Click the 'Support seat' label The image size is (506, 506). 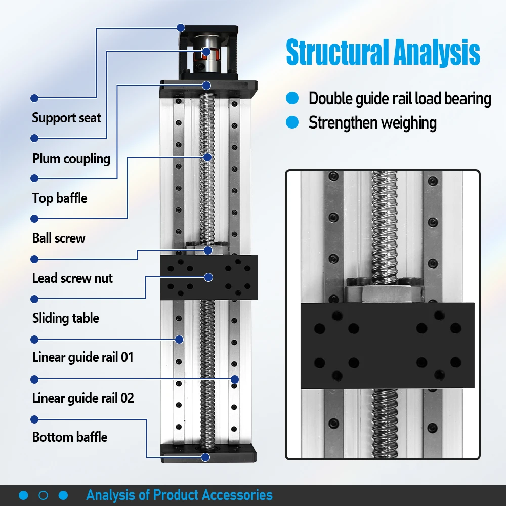66,118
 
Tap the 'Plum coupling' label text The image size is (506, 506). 71,159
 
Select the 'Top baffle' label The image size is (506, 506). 60,198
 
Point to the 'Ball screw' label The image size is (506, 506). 59,238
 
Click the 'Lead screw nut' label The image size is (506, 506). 72,278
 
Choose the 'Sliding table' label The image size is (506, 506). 65,318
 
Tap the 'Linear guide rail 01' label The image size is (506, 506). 83,358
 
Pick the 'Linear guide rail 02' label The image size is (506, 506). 83,398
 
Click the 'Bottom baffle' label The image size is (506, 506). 70,437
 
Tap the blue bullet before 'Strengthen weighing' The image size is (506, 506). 292,122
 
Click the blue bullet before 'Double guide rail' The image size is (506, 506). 292,98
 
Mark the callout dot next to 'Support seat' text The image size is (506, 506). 34,98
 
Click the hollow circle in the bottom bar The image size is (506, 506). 44,495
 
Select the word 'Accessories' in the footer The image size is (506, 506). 237,495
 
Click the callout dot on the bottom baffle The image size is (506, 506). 206,457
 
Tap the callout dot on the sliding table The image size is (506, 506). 208,277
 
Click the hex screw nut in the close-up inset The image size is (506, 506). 383,292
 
